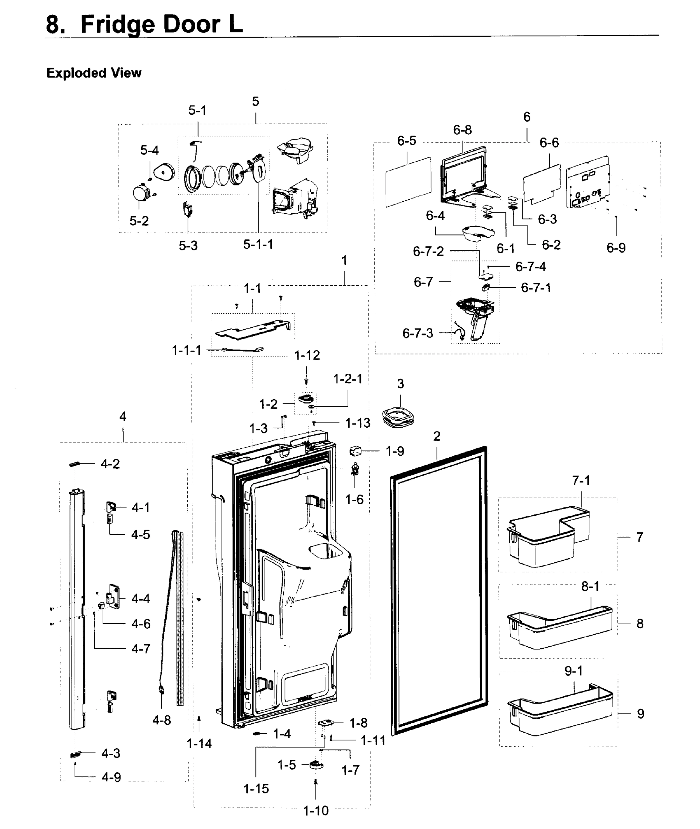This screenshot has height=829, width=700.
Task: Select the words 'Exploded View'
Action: (94, 73)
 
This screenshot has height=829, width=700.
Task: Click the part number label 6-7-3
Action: (417, 334)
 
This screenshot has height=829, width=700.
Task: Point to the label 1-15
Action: (256, 789)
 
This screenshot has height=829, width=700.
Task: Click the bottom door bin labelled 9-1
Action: (559, 712)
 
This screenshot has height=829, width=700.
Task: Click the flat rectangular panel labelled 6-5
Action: (408, 182)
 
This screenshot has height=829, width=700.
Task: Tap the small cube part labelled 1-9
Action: (355, 451)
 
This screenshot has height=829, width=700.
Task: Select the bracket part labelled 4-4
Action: (113, 596)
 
